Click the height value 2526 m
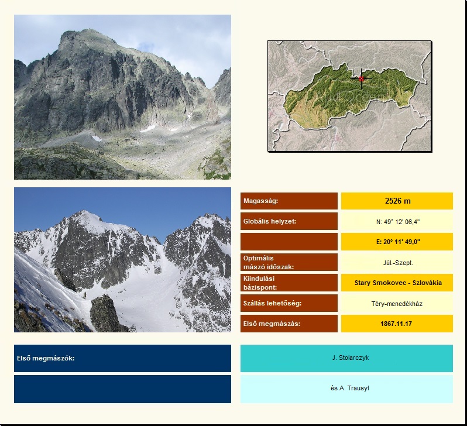[x=397, y=201]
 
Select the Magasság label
[x=260, y=201]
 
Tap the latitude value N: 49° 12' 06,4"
[x=398, y=222]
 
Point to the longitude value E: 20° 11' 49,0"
[x=398, y=242]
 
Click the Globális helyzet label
[x=270, y=221]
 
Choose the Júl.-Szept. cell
[x=398, y=263]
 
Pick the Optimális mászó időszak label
[x=269, y=263]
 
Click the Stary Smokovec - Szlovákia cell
[x=398, y=283]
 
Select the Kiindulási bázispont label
[x=260, y=283]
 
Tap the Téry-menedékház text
[x=397, y=304]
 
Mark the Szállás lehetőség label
[x=273, y=303]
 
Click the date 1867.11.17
[x=396, y=324]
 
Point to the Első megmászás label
[x=272, y=324]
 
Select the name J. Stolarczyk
[x=350, y=358]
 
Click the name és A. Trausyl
[x=349, y=388]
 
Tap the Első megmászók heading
[x=46, y=358]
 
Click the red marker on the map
[x=361, y=78]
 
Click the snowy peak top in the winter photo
[x=84, y=211]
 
